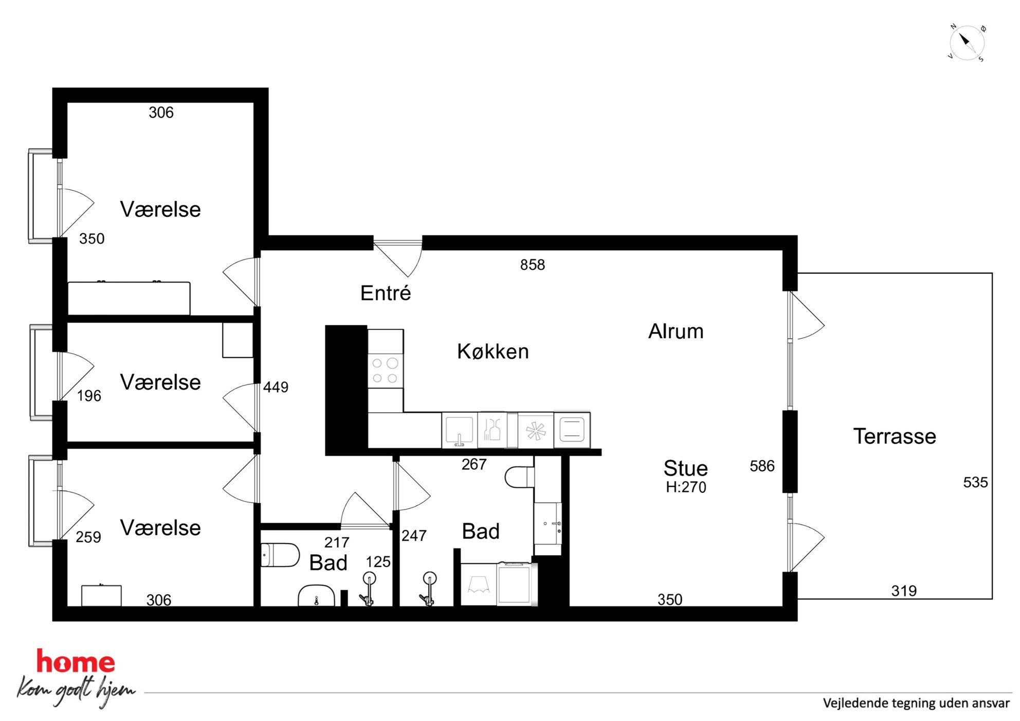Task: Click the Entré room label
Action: point(386,293)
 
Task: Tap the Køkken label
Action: point(493,352)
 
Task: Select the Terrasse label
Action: point(895,436)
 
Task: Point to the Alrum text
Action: point(676,331)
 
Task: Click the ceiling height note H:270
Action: point(686,487)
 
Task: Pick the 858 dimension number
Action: point(533,265)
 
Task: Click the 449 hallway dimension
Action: point(276,387)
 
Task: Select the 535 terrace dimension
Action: point(975,483)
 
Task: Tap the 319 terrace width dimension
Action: point(904,591)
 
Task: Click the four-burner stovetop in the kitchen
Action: point(386,371)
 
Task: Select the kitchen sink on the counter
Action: point(459,430)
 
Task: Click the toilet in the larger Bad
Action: point(520,477)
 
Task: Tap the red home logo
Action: point(76,661)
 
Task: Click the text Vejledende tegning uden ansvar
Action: point(916,703)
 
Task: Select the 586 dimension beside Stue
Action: point(762,466)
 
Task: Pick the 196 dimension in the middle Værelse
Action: point(89,396)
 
